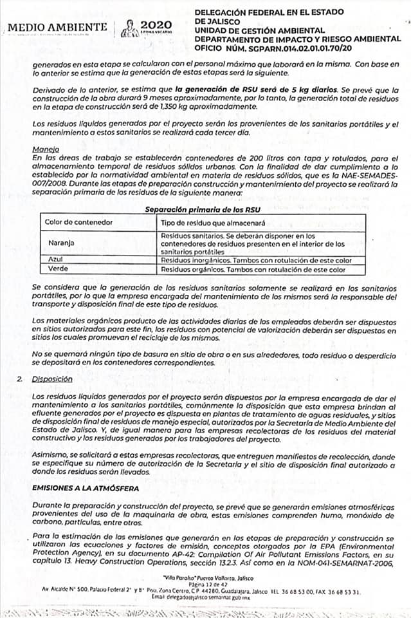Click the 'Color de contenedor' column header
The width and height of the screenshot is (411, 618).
click(x=79, y=222)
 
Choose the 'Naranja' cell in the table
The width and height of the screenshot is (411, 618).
click(x=62, y=243)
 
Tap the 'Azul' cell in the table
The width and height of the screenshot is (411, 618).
click(x=55, y=259)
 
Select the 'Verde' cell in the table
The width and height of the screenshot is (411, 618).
click(x=57, y=269)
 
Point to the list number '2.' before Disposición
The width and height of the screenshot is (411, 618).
click(x=21, y=380)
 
